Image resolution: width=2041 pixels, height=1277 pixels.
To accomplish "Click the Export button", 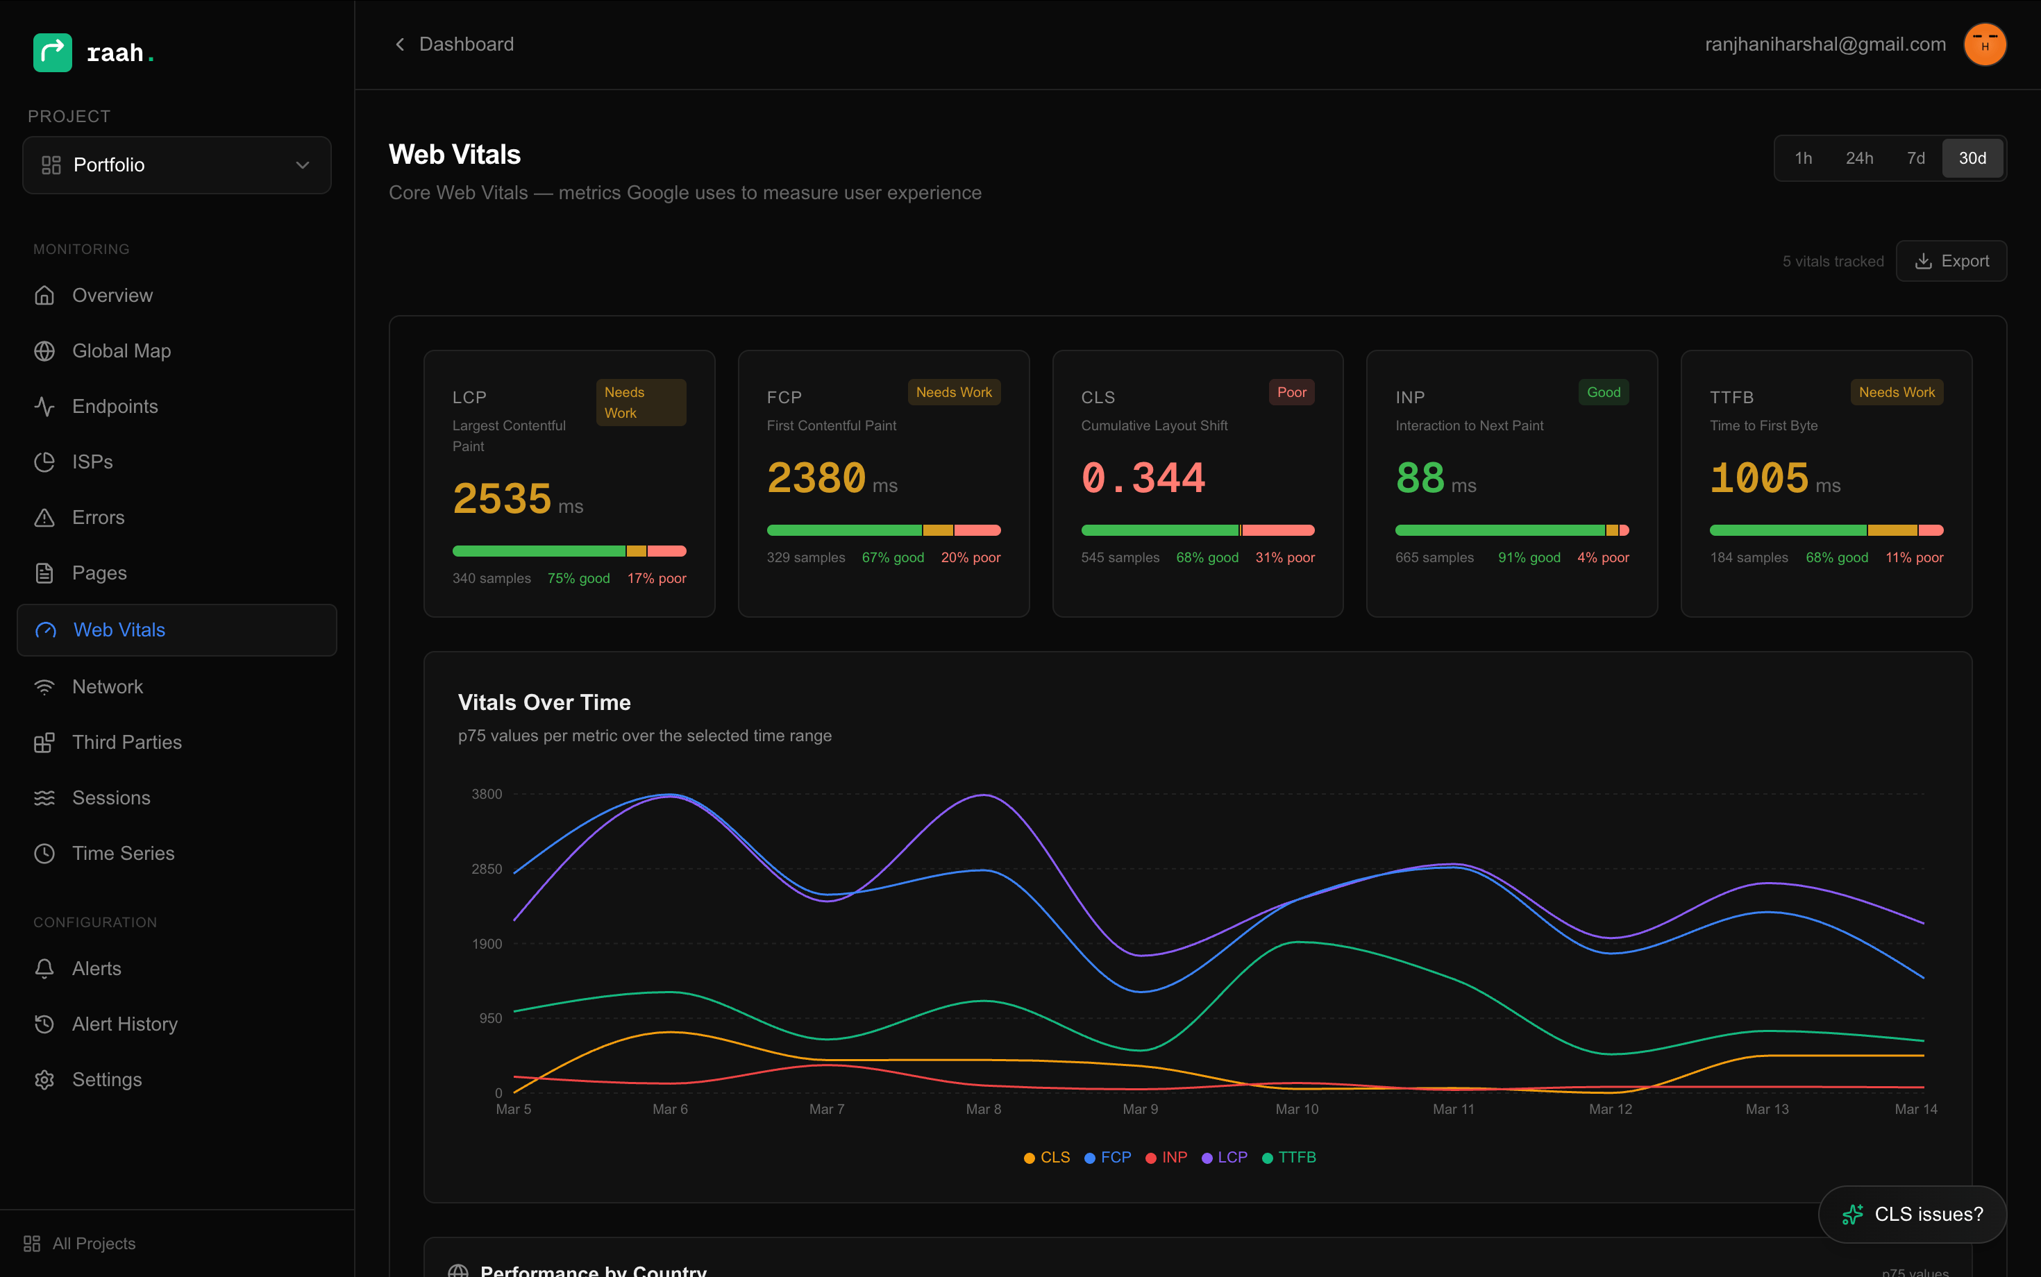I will point(1951,261).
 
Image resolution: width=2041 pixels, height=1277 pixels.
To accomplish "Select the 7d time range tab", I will point(1915,158).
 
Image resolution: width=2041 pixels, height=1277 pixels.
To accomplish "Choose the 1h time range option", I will point(1803,158).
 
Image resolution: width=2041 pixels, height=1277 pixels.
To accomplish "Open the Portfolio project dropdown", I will point(176,164).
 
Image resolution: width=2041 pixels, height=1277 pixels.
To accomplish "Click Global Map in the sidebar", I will point(121,350).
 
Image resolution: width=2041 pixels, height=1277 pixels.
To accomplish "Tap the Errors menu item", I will point(98,517).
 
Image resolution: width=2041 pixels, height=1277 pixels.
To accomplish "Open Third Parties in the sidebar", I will point(127,741).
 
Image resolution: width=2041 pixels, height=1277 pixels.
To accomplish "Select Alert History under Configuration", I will point(124,1024).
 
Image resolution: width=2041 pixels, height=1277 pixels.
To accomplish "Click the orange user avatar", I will point(1984,44).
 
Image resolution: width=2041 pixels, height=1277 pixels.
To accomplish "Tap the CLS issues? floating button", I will point(1912,1214).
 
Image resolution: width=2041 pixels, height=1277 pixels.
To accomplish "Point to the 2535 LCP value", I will point(502,498).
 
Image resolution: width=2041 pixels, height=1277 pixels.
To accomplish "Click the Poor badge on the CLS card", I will point(1291,392).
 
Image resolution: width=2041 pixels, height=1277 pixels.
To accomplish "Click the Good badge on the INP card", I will point(1602,392).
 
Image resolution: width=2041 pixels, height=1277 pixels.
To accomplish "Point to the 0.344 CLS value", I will point(1143,478).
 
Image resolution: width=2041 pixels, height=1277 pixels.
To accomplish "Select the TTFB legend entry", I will point(1289,1157).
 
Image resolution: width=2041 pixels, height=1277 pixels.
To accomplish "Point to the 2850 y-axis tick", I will point(486,869).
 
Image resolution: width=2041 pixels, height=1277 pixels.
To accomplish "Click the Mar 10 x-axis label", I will point(1296,1109).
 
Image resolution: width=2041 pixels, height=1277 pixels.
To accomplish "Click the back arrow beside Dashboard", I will point(400,44).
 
